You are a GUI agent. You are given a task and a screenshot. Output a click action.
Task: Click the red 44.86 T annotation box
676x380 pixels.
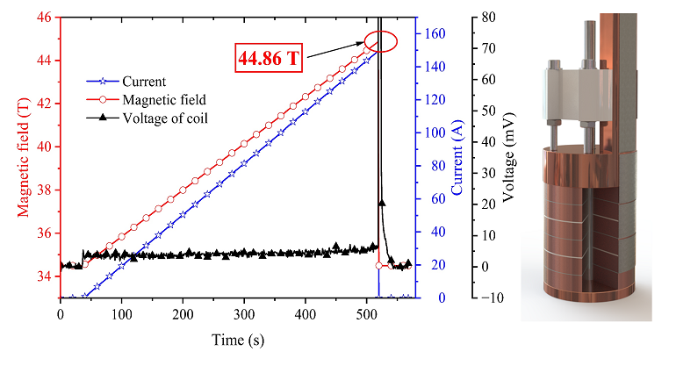point(270,59)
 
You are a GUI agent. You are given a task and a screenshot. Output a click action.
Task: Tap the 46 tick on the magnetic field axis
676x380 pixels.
point(45,17)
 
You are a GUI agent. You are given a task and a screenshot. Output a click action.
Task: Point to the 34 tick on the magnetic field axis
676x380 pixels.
point(45,276)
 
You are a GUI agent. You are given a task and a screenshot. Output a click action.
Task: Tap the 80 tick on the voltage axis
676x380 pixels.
point(492,17)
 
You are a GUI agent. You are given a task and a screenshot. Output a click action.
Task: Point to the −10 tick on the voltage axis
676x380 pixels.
point(489,298)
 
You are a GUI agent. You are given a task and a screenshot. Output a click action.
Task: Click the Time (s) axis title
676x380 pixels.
point(236,339)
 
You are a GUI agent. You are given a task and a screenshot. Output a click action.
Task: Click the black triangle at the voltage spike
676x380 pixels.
point(381,203)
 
